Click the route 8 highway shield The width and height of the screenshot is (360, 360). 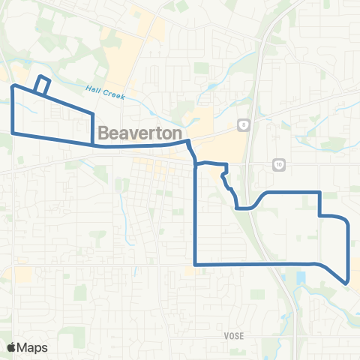pos(244,124)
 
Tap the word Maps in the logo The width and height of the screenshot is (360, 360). pos(34,347)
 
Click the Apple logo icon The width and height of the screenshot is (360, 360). pos(12,346)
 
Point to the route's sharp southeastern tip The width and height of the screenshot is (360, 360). pos(346,283)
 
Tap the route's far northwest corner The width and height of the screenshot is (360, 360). pos(12,87)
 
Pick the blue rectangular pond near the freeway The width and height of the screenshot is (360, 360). pos(301,277)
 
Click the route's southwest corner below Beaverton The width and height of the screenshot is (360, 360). pos(195,264)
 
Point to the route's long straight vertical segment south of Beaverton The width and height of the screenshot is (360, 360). pos(195,217)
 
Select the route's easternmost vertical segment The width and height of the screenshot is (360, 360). pos(349,251)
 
